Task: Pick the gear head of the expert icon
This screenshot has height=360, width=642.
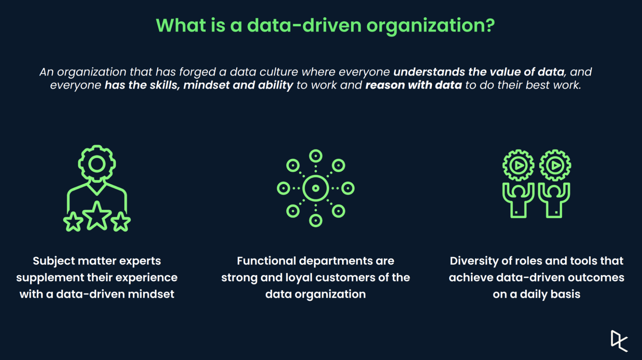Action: click(97, 164)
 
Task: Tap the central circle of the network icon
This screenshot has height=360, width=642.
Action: click(316, 188)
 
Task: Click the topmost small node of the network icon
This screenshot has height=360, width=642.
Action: click(316, 156)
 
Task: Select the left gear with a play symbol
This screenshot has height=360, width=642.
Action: click(518, 165)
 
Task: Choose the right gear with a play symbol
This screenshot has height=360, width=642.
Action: click(555, 165)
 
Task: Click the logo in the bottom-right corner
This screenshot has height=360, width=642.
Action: click(619, 341)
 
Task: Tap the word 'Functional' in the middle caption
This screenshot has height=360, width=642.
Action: click(266, 261)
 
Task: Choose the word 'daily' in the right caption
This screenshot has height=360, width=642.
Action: click(533, 294)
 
